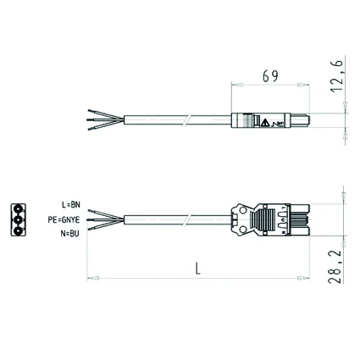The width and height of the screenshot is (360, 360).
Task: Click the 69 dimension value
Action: [270, 75]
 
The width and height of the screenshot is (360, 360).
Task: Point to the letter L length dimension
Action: [198, 269]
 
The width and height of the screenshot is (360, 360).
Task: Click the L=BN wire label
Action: [71, 204]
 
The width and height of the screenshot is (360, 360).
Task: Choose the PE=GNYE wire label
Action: [64, 219]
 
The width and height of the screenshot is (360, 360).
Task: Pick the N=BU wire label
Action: [69, 234]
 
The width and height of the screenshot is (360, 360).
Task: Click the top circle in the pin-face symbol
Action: [18, 209]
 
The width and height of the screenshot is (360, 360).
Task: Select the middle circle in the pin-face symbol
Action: [18, 220]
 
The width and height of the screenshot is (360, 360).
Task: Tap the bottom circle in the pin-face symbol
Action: [18, 230]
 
